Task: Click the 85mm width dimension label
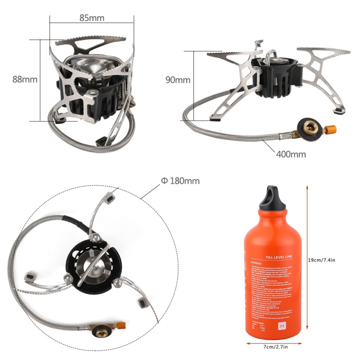(92, 18)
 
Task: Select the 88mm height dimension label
(25, 79)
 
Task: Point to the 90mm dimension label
(178, 80)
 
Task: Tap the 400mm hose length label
(291, 154)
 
